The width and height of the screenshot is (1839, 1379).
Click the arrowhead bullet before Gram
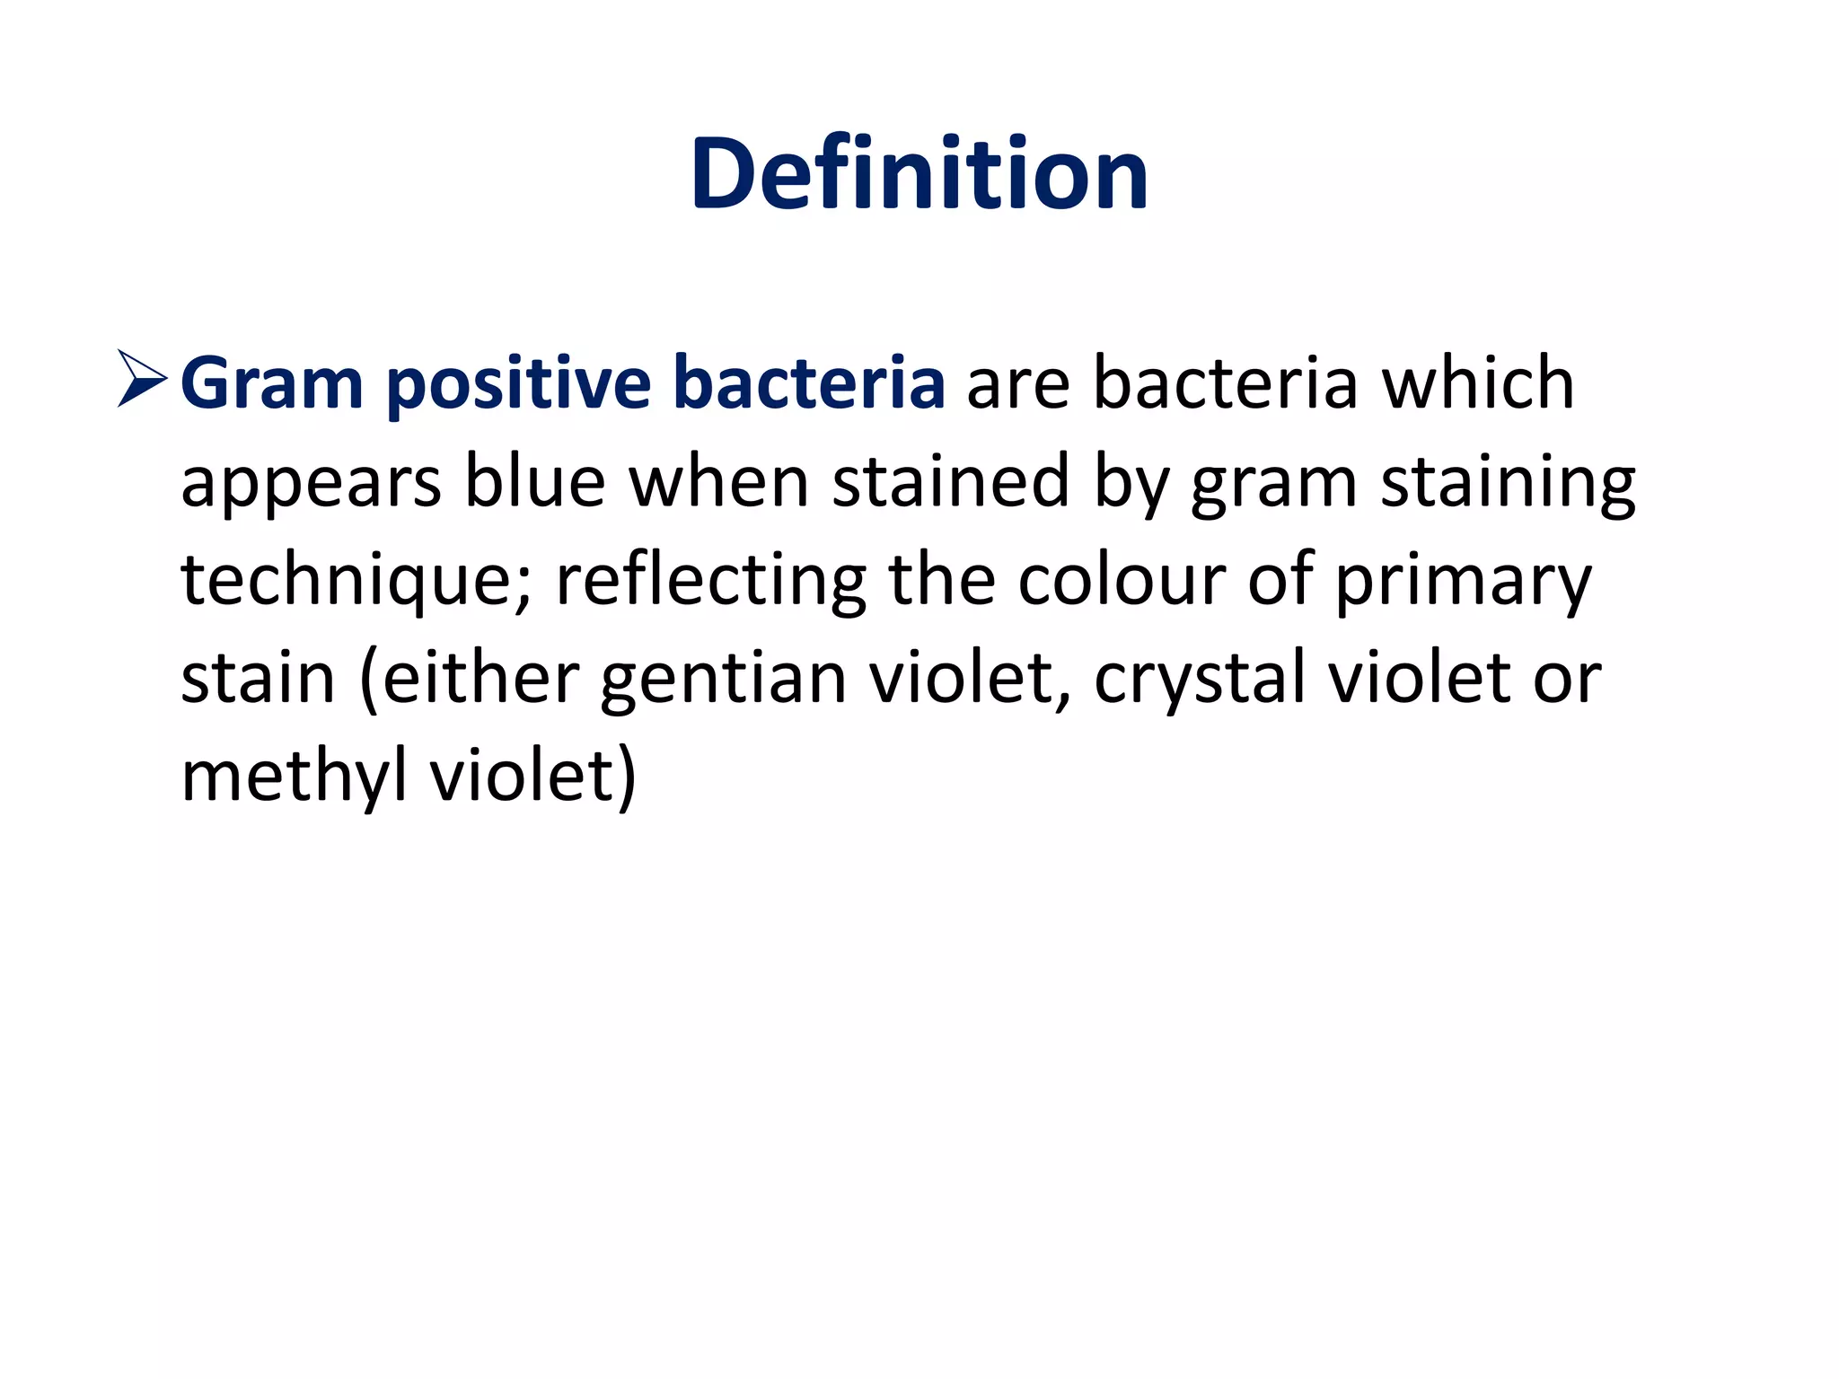[142, 379]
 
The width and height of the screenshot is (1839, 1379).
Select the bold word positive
[518, 384]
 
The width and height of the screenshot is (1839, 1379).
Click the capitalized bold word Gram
[271, 384]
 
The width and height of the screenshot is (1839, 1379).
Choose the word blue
[535, 481]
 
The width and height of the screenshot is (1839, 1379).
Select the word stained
[951, 481]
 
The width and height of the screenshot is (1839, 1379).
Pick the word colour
[1121, 580]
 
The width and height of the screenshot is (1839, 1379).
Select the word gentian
[724, 679]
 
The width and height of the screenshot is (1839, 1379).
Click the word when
[719, 481]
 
